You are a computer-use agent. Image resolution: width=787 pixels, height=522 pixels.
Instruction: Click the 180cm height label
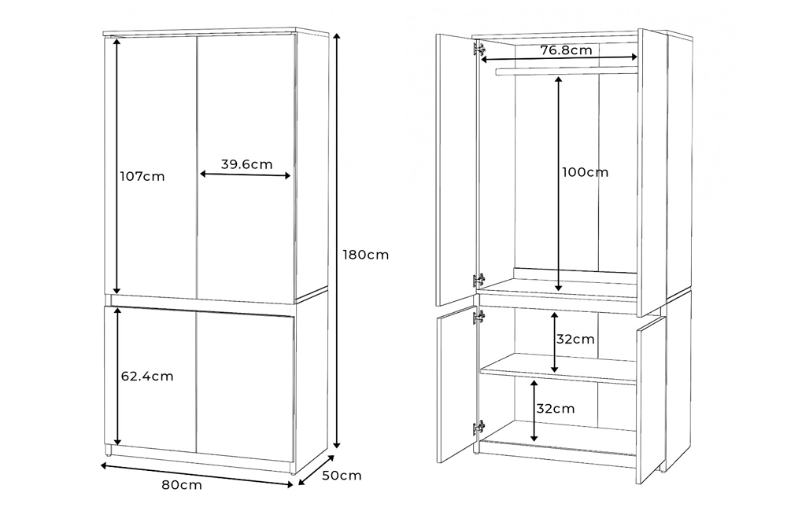(x=365, y=255)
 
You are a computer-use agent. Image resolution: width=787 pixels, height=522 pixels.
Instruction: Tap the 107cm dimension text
(x=142, y=177)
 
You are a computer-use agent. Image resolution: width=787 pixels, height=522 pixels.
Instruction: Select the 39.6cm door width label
(x=246, y=164)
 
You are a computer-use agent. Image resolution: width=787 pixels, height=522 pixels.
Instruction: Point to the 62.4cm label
(x=147, y=376)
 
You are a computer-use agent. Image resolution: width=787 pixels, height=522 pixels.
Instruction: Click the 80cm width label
(x=182, y=485)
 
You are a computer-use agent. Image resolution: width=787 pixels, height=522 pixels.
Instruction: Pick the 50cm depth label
(x=342, y=476)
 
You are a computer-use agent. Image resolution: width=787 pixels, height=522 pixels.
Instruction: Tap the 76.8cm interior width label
(x=566, y=50)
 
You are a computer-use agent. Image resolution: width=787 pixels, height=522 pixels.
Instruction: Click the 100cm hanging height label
(x=585, y=172)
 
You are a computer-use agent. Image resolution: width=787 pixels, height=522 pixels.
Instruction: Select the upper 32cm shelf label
(x=575, y=340)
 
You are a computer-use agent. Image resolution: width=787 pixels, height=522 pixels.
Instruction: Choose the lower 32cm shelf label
(x=555, y=409)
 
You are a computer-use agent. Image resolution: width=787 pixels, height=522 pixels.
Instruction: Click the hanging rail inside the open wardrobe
(x=566, y=72)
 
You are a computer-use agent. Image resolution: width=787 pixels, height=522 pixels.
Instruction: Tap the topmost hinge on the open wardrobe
(x=478, y=50)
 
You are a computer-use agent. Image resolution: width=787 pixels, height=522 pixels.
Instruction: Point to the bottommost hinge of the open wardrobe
(x=478, y=428)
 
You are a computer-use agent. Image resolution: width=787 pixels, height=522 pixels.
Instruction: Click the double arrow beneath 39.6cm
(x=245, y=175)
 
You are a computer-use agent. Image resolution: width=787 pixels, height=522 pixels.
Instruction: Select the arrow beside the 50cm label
(x=316, y=470)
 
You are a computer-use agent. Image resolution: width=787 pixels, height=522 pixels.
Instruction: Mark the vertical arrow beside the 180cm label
(x=337, y=241)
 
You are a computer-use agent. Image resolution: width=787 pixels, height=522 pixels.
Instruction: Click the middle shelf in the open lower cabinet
(x=558, y=369)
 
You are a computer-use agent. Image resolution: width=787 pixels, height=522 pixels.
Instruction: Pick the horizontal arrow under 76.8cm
(x=559, y=59)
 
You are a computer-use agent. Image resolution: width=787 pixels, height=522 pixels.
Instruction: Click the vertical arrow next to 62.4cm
(x=117, y=377)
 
